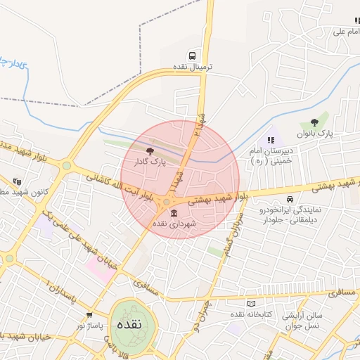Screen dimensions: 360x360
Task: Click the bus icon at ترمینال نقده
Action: [192, 56]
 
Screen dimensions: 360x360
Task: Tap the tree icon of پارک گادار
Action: [150, 150]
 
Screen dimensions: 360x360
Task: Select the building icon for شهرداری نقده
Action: [174, 213]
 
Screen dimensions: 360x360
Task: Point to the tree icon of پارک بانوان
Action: [323, 122]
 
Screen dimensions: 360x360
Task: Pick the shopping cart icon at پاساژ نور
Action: [89, 316]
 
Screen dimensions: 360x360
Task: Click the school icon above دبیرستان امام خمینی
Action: [271, 140]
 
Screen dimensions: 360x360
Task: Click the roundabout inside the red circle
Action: [167, 203]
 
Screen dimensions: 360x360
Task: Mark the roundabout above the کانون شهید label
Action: [67, 166]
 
